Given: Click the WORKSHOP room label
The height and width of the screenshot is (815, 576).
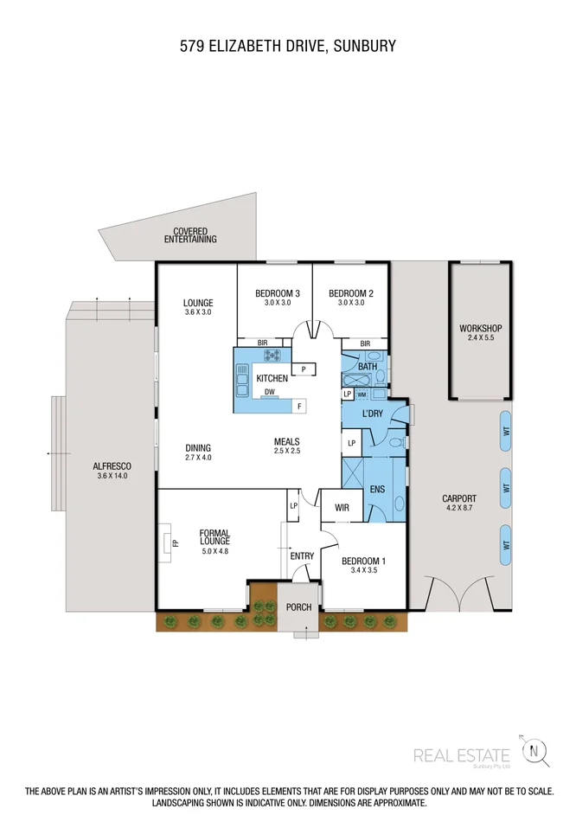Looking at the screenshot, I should pos(480,329).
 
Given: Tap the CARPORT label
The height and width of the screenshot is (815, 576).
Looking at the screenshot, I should pos(458,499).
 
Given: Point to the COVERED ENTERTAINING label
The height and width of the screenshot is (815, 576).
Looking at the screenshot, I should pos(190,235).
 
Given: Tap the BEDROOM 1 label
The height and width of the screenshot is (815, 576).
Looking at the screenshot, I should pos(364,561).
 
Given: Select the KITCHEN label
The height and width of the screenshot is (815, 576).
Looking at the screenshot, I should pos(272,379).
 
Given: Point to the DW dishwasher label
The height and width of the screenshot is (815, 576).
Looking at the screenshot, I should pos(270,392).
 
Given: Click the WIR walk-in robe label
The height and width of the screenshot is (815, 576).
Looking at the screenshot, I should pos(342,508).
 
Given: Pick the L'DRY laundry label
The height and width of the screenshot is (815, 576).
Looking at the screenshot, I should pos(372,414).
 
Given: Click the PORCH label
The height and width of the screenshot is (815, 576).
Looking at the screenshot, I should pos(298,607).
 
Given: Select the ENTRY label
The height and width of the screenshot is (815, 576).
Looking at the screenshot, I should pos(302,556).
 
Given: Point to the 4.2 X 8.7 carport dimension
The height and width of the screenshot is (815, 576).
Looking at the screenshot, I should pos(458,510).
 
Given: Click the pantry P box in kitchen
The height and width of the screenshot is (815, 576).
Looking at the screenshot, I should pos(303,369).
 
